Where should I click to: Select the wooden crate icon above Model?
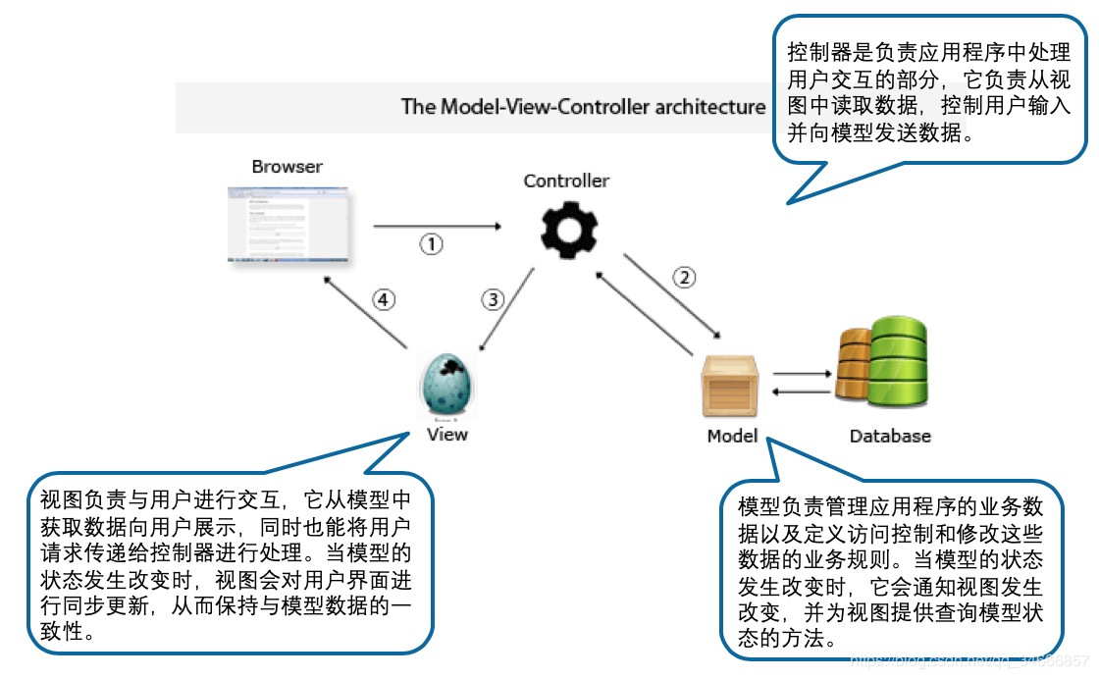tap(732, 389)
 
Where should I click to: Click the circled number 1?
tap(432, 244)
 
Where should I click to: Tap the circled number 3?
tap(494, 300)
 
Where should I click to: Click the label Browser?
tap(287, 167)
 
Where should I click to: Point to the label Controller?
tap(566, 181)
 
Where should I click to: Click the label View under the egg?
tap(447, 435)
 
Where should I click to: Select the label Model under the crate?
tap(732, 436)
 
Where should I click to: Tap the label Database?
tap(890, 436)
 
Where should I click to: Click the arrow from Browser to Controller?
tap(437, 226)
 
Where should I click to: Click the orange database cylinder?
tap(850, 365)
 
